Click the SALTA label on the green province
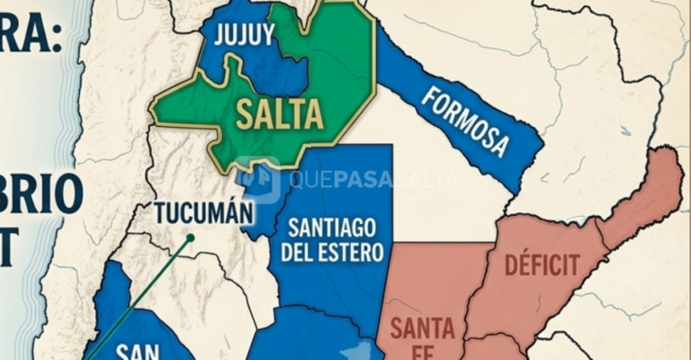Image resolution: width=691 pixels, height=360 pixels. pyautogui.click(x=279, y=115)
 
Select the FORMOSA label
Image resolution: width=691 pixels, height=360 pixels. pyautogui.click(x=465, y=121)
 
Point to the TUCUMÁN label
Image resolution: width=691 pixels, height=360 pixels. pyautogui.click(x=203, y=214)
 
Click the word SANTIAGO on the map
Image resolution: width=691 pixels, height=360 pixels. pyautogui.click(x=332, y=226)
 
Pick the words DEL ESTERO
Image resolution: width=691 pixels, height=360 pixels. pyautogui.click(x=332, y=251)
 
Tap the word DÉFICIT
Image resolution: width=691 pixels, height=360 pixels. pyautogui.click(x=542, y=265)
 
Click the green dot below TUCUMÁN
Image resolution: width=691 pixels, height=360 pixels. pyautogui.click(x=190, y=238)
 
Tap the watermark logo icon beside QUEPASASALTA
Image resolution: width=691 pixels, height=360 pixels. pyautogui.click(x=258, y=178)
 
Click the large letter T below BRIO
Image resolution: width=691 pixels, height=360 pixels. pyautogui.click(x=9, y=247)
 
